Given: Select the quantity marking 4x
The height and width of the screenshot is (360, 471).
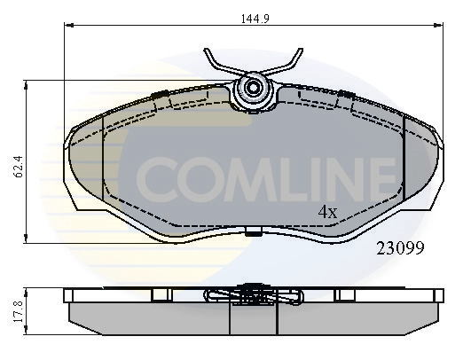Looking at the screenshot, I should point(328,212).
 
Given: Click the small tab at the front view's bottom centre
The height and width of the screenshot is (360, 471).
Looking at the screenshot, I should point(254,234).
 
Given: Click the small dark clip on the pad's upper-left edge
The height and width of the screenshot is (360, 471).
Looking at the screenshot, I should point(161,95).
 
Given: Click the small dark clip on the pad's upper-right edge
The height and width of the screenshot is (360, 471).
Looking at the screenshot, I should point(346,95).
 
